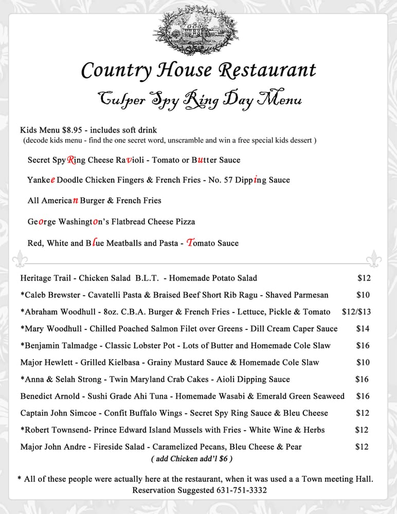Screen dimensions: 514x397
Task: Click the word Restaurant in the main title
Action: (x=267, y=70)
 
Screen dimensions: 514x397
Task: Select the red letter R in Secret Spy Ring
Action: (x=71, y=160)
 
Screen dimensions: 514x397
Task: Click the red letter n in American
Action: (x=75, y=200)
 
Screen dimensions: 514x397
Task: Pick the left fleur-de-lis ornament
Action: (x=21, y=259)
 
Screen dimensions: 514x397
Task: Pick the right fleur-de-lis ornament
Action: (x=374, y=259)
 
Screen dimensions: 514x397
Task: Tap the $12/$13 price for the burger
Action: (x=356, y=311)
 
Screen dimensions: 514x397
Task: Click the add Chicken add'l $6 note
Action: (x=192, y=458)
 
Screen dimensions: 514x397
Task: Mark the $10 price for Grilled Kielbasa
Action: (x=363, y=362)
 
